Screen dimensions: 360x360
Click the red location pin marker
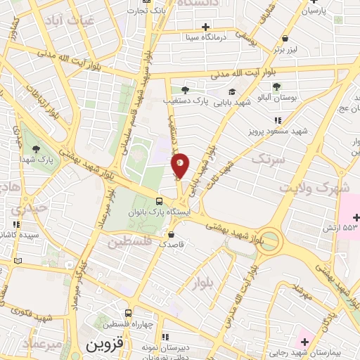(180, 165)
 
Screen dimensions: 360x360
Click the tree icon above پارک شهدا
(35, 148)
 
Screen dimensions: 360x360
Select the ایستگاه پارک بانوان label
(158, 212)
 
